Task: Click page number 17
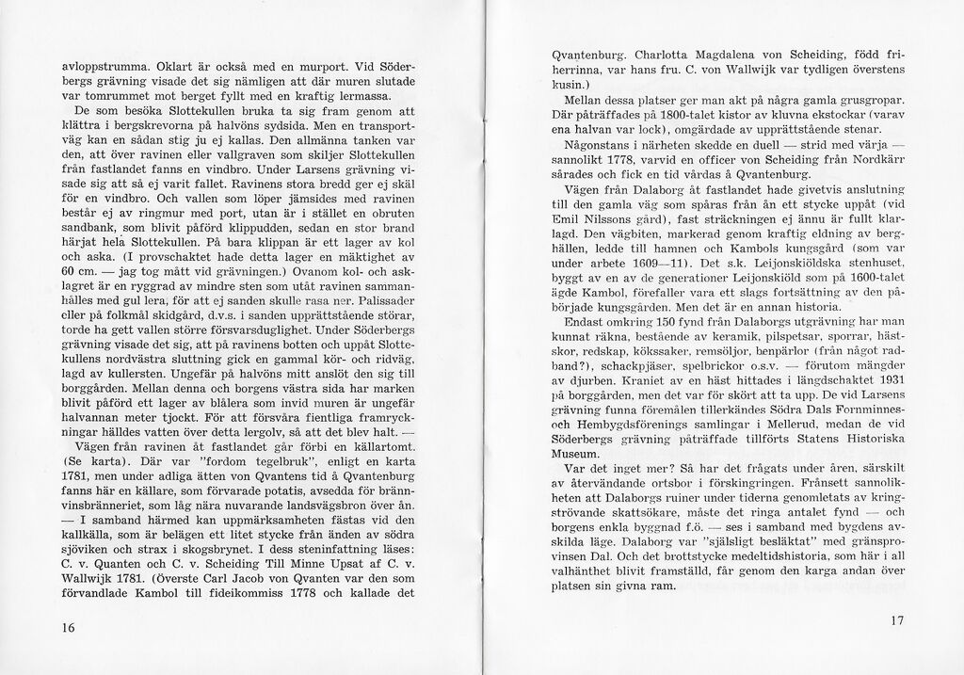tap(896, 621)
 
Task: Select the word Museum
tap(578, 452)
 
